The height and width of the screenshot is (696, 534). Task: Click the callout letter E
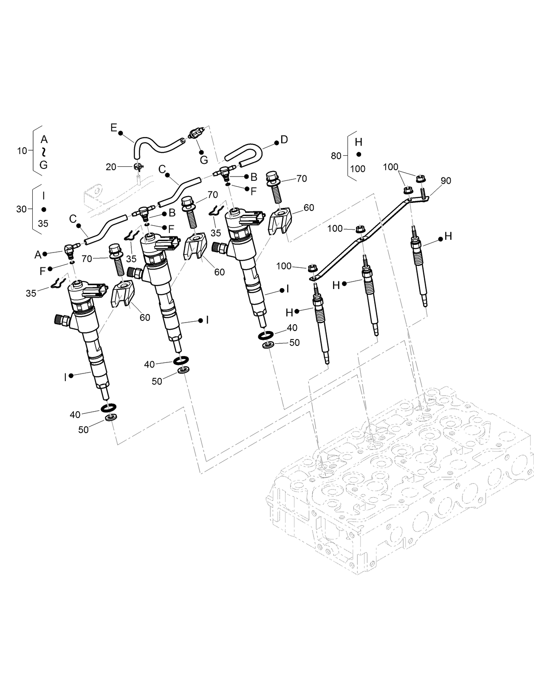(113, 127)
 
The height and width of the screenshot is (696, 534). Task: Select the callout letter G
(204, 160)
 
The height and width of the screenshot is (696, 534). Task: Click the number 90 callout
(446, 180)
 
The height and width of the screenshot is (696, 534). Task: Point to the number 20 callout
(111, 167)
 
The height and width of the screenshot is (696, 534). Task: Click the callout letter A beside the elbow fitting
(37, 254)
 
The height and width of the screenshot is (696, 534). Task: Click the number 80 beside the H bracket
(336, 156)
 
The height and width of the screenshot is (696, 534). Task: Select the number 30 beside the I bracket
(21, 209)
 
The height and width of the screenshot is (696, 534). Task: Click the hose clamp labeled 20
(138, 167)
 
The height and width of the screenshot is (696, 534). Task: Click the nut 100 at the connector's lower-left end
(313, 269)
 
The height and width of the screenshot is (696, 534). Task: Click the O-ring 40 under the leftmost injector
(109, 408)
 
